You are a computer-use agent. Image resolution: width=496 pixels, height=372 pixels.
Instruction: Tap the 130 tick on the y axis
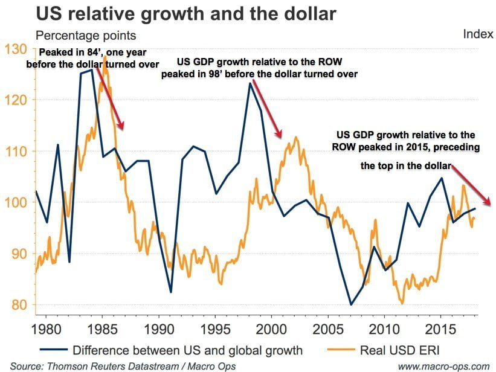click(16, 49)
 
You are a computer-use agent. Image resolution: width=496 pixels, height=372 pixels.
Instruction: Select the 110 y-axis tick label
click(16, 151)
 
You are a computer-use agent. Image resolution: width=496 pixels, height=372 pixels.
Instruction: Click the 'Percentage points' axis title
click(87, 36)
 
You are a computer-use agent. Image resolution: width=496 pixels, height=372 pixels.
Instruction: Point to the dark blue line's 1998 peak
click(250, 83)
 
